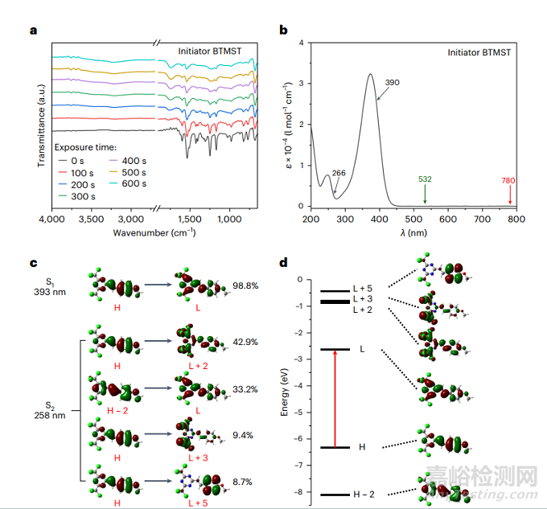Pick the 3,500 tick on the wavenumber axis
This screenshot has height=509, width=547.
point(93,219)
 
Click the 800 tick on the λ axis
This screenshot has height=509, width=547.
point(516,218)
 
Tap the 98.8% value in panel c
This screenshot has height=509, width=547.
point(244,286)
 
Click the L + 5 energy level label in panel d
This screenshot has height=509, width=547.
point(363,289)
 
